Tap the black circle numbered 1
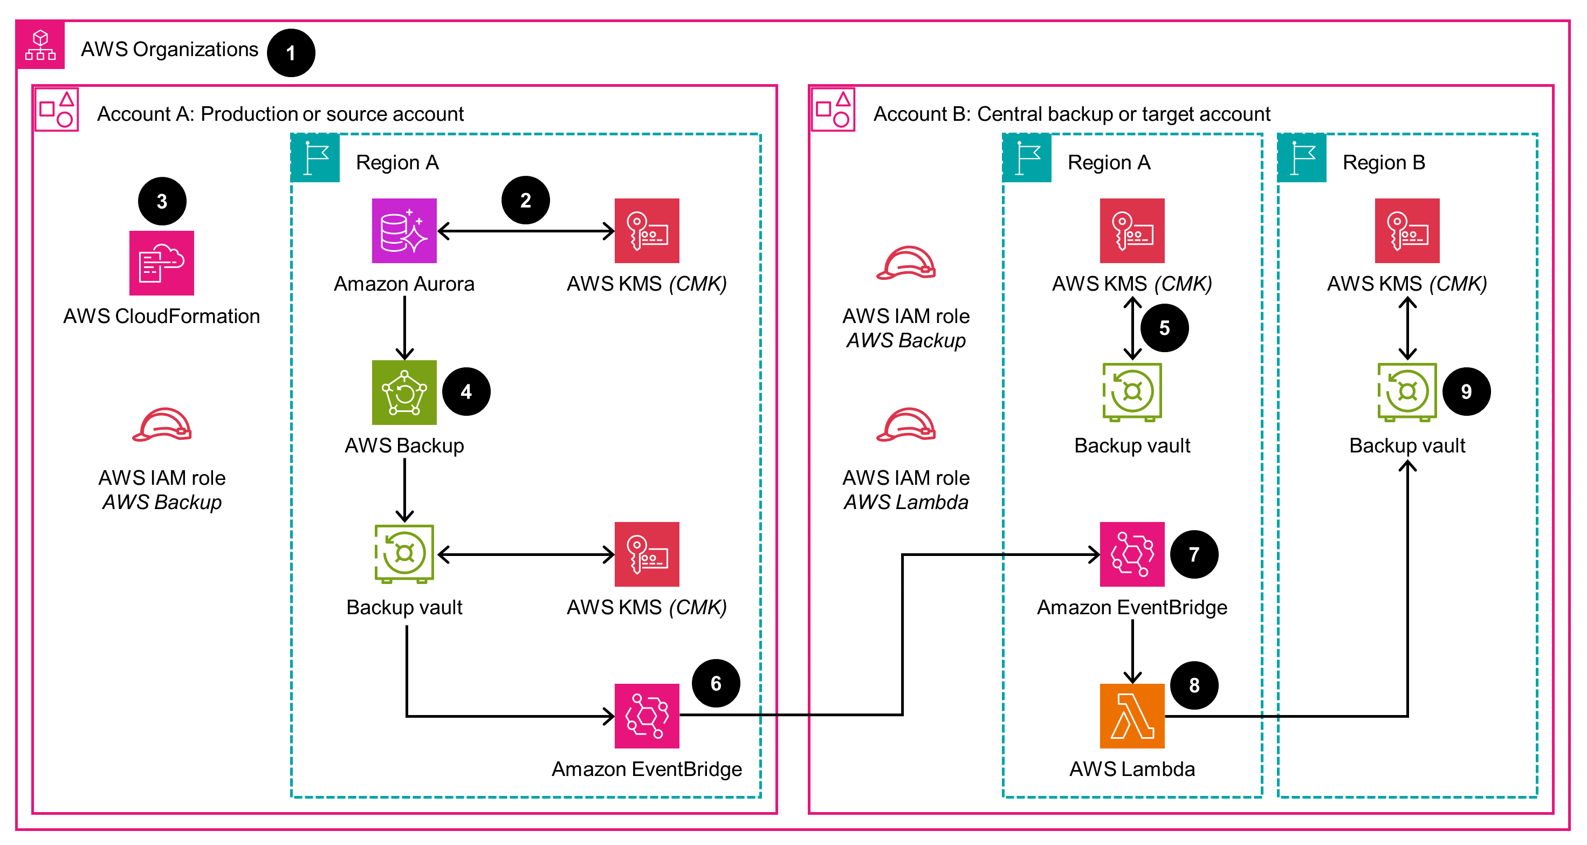click(291, 53)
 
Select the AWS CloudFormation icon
click(161, 263)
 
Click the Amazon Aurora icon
click(404, 230)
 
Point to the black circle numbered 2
click(526, 200)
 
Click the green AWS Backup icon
click(404, 393)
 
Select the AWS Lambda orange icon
click(1132, 716)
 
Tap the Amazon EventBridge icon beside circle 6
click(647, 716)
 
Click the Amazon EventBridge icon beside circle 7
click(1132, 554)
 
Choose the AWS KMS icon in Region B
click(1407, 230)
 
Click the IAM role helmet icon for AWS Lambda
click(905, 425)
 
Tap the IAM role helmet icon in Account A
click(161, 425)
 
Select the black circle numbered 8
click(1194, 685)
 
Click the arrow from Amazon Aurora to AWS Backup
click(404, 328)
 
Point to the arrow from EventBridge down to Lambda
click(1132, 650)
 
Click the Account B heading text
click(1071, 114)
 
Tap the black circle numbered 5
click(1164, 328)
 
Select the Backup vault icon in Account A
click(404, 554)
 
